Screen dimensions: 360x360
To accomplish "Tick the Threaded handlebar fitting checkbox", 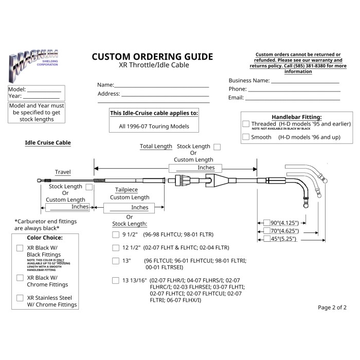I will (x=246, y=124).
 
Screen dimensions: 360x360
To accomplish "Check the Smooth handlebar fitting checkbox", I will (x=246, y=137).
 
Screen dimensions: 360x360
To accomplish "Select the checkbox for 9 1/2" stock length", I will (x=116, y=235).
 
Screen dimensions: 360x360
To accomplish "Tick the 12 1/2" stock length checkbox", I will (x=116, y=247).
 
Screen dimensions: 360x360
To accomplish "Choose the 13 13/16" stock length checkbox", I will (x=116, y=280).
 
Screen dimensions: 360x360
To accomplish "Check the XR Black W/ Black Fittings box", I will (x=20, y=248).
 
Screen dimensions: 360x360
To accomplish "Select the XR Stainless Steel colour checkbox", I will (x=20, y=298).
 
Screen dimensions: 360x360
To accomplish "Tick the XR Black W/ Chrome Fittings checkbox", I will (x=20, y=278).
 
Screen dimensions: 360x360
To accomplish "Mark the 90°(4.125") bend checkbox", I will (x=267, y=223).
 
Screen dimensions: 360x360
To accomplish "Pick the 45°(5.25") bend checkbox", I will (x=267, y=239).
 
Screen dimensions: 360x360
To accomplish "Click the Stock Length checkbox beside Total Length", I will (x=217, y=147).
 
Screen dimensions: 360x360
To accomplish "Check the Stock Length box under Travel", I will (x=89, y=187).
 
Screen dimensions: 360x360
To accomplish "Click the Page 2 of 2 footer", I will (x=332, y=308).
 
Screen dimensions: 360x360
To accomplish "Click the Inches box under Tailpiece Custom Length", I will (x=134, y=208).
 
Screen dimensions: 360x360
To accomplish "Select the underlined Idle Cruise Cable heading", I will (x=48, y=142).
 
